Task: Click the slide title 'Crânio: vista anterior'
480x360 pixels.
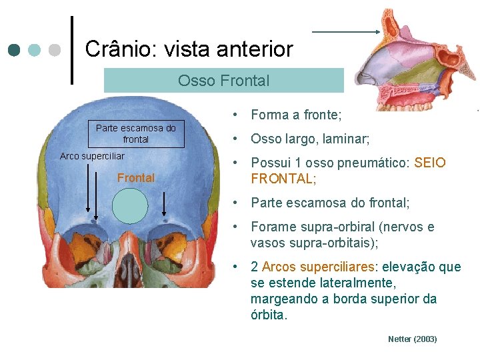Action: (x=189, y=49)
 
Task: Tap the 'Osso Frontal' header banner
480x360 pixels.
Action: (x=223, y=81)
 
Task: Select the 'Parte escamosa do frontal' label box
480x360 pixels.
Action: (x=136, y=133)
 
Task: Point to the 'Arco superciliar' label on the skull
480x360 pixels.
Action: (x=92, y=156)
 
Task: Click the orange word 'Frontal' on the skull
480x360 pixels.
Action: (x=136, y=178)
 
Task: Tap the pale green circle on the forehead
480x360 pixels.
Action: (x=130, y=205)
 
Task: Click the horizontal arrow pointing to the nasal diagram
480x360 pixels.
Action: (x=345, y=31)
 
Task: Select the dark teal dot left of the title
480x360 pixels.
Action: (x=15, y=50)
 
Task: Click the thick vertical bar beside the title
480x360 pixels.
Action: (x=71, y=50)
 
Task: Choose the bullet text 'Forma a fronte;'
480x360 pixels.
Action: (x=296, y=115)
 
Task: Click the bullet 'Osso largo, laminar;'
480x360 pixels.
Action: (x=310, y=139)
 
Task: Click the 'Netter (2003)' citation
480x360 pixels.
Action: (x=412, y=339)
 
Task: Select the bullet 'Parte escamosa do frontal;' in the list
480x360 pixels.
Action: (x=330, y=203)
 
